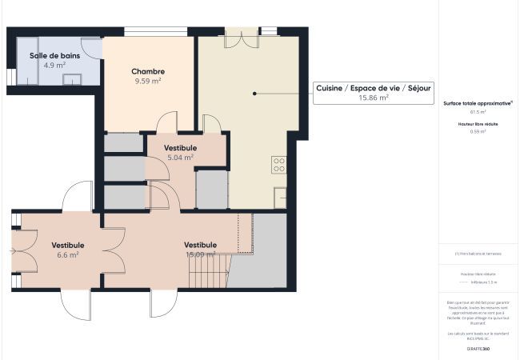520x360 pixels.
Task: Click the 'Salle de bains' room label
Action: click(54, 55)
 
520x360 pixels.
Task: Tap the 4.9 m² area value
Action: click(54, 66)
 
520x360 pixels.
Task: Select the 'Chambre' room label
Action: click(148, 71)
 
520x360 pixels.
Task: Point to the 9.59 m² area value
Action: click(148, 82)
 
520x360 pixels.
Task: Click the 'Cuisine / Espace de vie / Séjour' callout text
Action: click(362, 87)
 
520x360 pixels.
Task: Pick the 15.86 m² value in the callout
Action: click(374, 98)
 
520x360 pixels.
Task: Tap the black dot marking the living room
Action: click(255, 94)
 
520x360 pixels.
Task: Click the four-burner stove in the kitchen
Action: click(279, 165)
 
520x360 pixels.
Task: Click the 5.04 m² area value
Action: click(180, 158)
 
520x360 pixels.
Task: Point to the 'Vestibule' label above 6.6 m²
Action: click(68, 245)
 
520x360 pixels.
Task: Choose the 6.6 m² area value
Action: click(68, 255)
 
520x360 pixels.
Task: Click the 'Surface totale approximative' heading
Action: click(478, 103)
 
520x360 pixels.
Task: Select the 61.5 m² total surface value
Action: click(478, 113)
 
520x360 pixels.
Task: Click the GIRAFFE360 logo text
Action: click(478, 350)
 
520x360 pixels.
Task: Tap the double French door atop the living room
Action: click(241, 37)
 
